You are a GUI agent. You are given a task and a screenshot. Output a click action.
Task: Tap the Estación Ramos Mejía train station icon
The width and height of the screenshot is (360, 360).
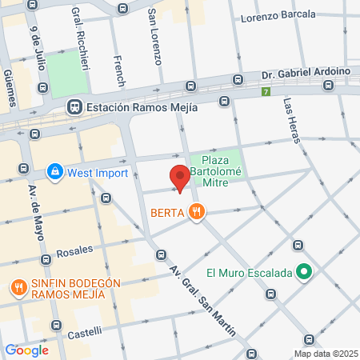(74, 105)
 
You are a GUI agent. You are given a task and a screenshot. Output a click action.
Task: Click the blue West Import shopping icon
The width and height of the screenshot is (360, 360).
(54, 170)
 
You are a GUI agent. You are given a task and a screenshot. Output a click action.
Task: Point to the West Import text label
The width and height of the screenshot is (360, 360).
(95, 170)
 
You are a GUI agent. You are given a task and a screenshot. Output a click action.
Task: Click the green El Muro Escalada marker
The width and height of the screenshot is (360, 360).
(303, 273)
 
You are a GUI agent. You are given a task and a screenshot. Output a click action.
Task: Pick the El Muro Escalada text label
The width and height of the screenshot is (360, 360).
(249, 273)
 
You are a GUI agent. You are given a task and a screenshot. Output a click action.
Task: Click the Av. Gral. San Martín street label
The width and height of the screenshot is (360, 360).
(201, 297)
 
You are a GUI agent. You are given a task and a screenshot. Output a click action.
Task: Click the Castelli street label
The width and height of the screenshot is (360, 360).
(85, 331)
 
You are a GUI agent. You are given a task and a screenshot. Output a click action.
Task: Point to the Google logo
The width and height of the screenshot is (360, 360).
(26, 350)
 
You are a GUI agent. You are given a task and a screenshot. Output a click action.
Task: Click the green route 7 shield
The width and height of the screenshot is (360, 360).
(266, 92)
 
